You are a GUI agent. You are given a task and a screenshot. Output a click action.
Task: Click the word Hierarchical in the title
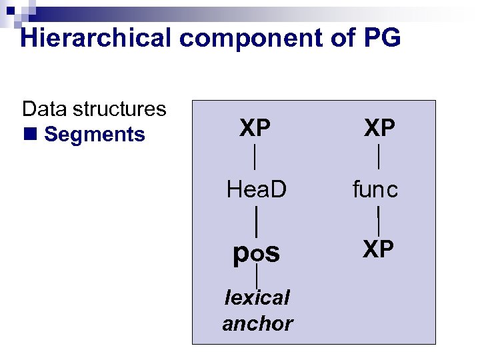96,38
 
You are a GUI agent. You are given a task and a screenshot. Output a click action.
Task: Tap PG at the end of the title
382,38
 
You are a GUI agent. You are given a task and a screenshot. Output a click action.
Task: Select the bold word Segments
94,135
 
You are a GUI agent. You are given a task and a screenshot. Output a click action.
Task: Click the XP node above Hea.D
256,127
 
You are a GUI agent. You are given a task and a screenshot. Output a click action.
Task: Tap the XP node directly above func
379,127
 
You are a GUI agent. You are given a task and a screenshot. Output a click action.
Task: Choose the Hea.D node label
256,190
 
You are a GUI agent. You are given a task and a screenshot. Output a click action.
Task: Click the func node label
375,190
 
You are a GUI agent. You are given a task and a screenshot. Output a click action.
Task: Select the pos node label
256,253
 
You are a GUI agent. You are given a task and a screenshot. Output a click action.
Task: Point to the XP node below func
379,249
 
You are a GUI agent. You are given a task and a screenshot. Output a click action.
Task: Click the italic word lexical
257,297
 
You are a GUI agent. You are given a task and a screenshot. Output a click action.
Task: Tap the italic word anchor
257,323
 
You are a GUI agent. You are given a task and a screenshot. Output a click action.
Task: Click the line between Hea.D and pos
257,219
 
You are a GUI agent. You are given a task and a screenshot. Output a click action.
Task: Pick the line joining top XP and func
379,157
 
